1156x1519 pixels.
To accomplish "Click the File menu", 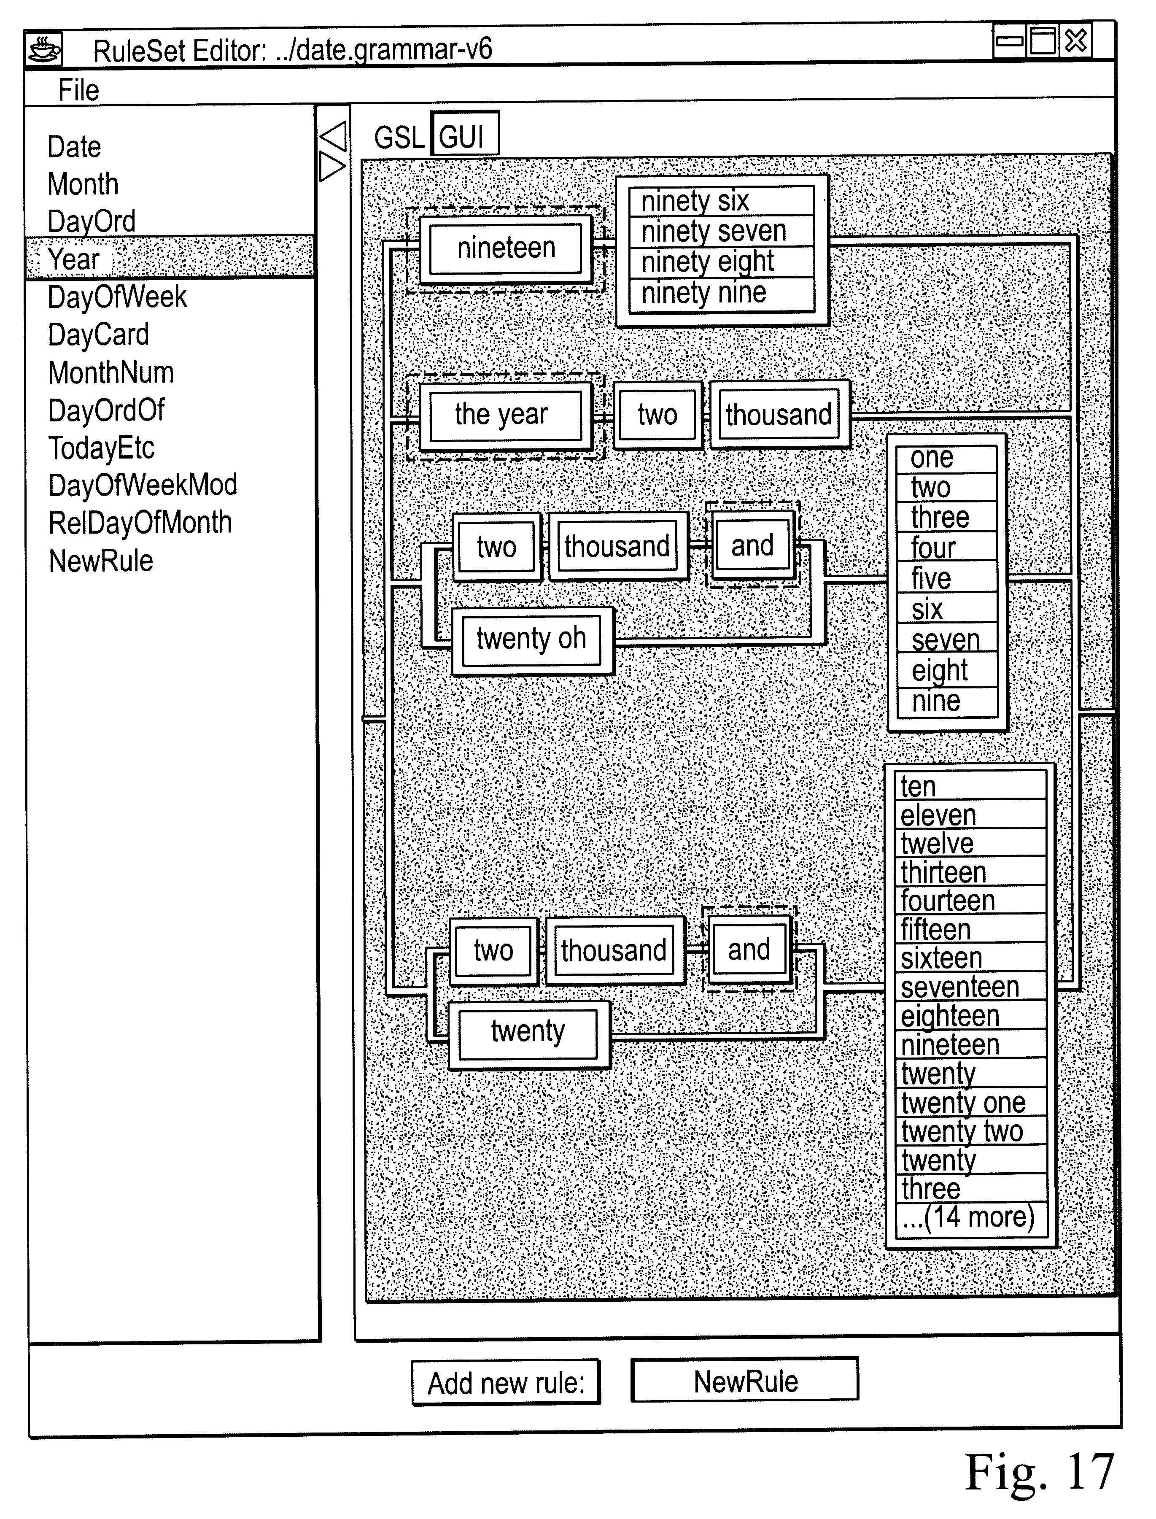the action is tap(78, 90).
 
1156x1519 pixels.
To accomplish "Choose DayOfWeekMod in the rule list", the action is tap(143, 485).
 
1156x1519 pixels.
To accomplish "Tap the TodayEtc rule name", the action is tap(101, 448).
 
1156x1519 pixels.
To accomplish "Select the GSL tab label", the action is tap(399, 137).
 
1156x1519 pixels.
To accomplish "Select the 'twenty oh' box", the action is tap(532, 640).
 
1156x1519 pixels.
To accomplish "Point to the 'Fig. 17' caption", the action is tap(1039, 1473).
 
